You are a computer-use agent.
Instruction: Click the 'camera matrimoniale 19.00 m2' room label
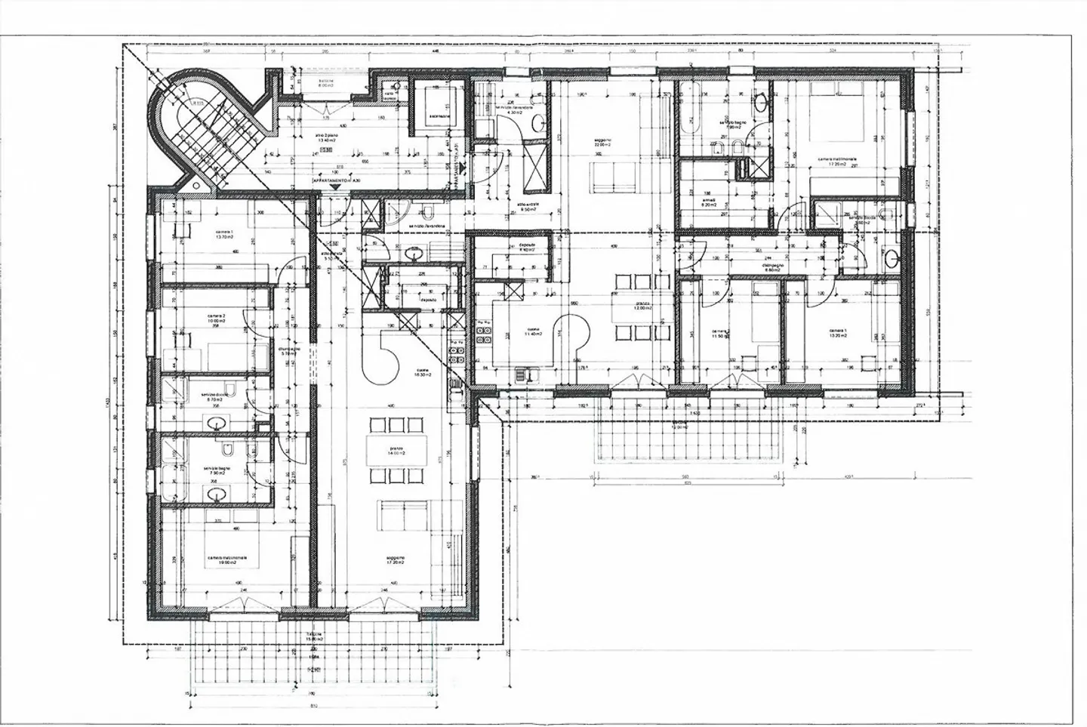228,559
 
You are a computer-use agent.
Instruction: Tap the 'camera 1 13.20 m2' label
838,333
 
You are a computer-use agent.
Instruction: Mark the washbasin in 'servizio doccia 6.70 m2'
217,422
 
